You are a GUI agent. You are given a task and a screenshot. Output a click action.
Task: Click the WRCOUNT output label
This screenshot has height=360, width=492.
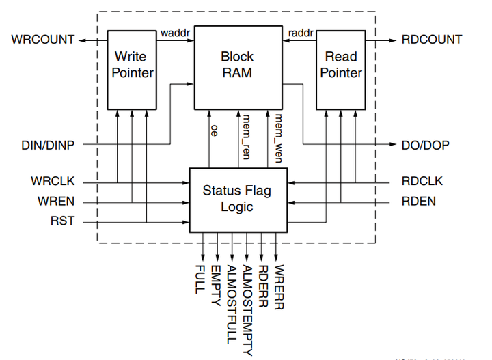[x=42, y=40]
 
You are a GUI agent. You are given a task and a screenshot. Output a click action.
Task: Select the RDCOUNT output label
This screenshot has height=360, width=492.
[x=432, y=40]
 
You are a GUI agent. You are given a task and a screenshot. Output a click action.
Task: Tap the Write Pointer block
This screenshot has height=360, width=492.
[x=134, y=65]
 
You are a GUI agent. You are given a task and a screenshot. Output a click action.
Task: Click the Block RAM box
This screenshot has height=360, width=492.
[x=237, y=65]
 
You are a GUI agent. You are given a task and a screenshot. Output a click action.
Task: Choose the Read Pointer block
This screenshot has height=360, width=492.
[x=341, y=65]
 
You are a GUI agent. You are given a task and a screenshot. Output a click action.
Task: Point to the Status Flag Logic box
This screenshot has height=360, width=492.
[x=237, y=199]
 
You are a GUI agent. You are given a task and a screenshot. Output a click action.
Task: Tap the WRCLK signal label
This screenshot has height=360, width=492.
[x=53, y=182]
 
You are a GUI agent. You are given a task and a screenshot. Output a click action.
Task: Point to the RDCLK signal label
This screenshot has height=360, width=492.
[x=422, y=182]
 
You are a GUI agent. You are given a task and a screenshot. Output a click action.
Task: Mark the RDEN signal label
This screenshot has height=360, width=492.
[x=419, y=202]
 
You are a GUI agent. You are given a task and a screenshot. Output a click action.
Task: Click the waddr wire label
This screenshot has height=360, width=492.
[x=175, y=32]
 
